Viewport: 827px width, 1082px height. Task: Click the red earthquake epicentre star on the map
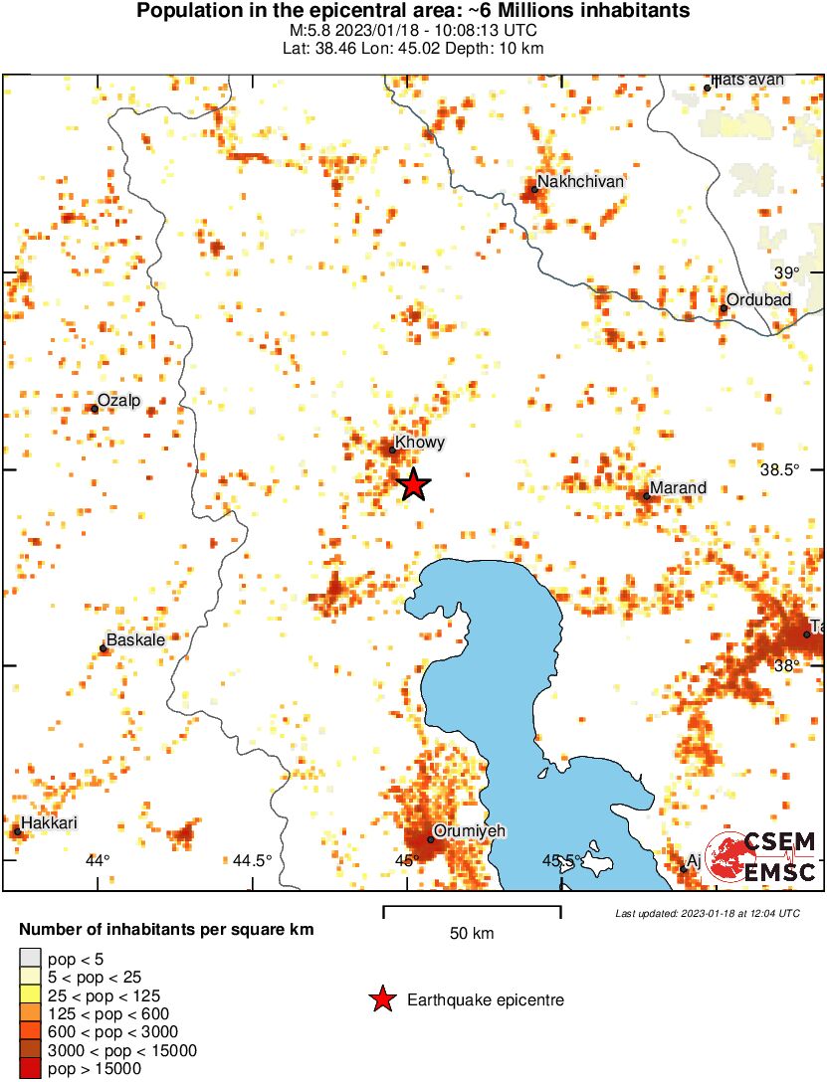click(x=414, y=484)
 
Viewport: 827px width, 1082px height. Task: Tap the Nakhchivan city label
click(x=580, y=182)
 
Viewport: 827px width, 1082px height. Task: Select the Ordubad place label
click(x=758, y=300)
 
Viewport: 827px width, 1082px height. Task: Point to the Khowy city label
click(x=419, y=443)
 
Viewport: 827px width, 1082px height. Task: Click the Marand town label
click(x=678, y=487)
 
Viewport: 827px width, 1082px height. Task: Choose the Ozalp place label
click(x=119, y=400)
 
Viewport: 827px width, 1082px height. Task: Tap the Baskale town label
click(x=135, y=640)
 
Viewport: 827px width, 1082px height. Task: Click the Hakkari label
click(x=49, y=822)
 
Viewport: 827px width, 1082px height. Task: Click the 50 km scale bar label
click(x=472, y=934)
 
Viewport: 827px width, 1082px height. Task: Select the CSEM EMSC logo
click(x=760, y=855)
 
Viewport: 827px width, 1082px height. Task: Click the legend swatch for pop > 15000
click(x=30, y=1069)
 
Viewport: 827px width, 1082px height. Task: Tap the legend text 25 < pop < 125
click(x=103, y=995)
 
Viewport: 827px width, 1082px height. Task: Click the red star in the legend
click(x=382, y=999)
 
